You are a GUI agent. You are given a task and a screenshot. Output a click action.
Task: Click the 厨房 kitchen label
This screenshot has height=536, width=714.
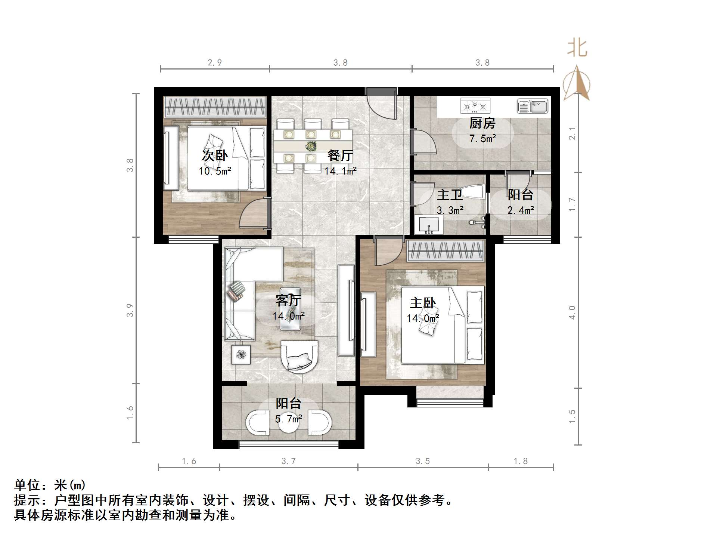tap(482, 123)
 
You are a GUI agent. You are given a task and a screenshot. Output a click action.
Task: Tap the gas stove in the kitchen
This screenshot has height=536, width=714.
tap(475, 106)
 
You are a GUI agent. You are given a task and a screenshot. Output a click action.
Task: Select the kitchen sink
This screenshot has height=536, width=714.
tap(533, 106)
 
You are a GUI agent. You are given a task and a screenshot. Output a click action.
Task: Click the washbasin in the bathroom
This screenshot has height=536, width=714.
tap(428, 225)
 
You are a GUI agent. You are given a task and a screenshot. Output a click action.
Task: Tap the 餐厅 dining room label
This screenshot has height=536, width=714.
tap(340, 155)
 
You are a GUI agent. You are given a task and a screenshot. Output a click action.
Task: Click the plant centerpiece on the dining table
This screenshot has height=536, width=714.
tap(311, 146)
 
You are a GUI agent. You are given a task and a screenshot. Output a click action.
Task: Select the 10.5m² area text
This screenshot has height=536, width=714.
tap(215, 172)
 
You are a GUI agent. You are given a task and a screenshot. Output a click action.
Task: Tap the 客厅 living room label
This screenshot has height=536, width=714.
tap(288, 301)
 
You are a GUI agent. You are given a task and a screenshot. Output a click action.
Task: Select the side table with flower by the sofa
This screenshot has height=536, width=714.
tap(241, 354)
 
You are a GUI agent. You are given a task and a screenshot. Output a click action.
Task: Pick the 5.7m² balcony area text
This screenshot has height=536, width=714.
tap(289, 419)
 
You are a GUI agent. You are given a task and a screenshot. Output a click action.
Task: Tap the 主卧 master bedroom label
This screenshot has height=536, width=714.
tap(423, 303)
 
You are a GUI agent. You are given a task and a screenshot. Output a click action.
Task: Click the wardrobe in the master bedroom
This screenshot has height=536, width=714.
tap(446, 250)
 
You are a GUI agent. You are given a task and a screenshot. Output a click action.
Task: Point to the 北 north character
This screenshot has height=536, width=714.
tap(577, 49)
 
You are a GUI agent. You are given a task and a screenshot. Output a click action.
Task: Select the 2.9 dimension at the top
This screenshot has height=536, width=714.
tap(215, 63)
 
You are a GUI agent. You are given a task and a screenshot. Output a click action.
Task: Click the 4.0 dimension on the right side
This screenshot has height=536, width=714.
tap(572, 312)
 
